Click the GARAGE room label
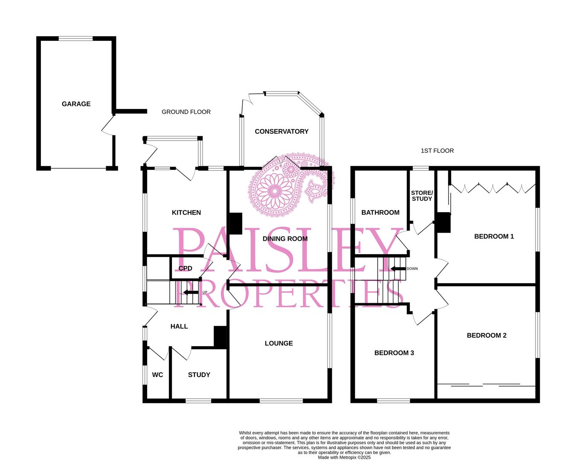[76, 104]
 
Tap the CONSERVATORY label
[281, 132]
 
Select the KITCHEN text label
[186, 213]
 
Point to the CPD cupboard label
[185, 269]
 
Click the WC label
[157, 375]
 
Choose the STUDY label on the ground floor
[199, 375]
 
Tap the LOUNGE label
[278, 343]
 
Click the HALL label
[179, 326]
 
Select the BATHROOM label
[380, 213]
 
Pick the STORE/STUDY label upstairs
[422, 196]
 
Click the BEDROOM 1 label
[494, 236]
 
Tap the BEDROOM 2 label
[486, 336]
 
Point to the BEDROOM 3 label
[394, 353]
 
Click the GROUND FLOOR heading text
[186, 112]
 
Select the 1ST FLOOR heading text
[437, 151]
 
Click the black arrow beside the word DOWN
[397, 269]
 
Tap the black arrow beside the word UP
[190, 292]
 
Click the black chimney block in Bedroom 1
[443, 222]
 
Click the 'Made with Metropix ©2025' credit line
[344, 457]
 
